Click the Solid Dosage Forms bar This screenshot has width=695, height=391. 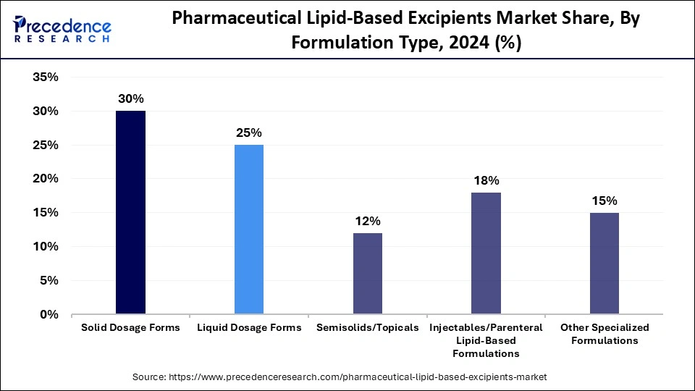tap(131, 212)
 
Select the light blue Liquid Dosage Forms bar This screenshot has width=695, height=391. tap(249, 230)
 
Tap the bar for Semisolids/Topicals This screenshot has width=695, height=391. tap(368, 274)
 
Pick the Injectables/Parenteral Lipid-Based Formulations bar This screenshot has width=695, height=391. tap(486, 253)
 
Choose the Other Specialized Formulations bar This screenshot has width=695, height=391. tap(605, 264)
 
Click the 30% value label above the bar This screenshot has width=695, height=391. tap(131, 99)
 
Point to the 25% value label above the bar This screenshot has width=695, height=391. tap(249, 133)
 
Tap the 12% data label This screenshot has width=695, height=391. tap(368, 221)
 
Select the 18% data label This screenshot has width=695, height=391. tap(486, 180)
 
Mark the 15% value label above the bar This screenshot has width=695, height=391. tap(605, 201)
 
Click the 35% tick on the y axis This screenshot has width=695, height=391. tap(45, 77)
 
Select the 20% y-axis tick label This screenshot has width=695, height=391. tap(45, 179)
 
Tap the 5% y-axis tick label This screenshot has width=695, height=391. tap(48, 280)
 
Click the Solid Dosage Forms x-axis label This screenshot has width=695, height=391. tap(131, 328)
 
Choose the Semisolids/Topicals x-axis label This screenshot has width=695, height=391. tap(368, 328)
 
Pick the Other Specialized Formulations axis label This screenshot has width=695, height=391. tap(605, 334)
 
